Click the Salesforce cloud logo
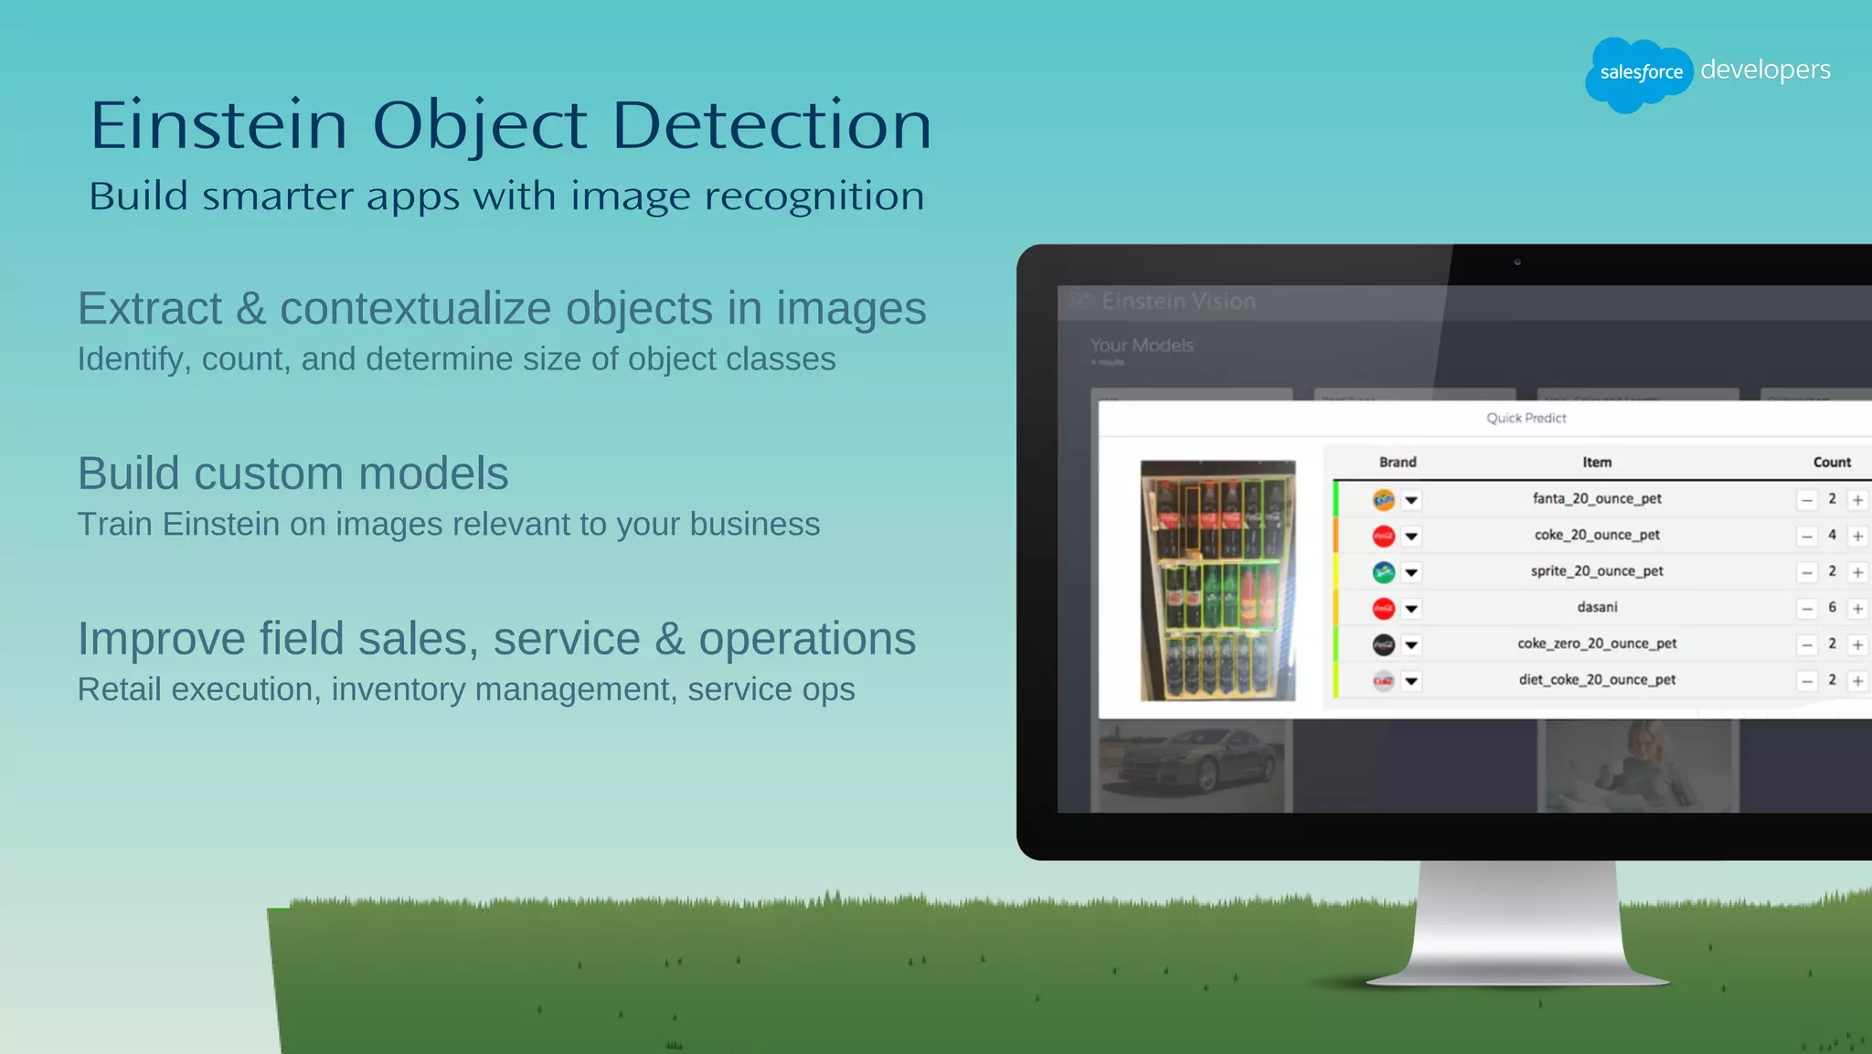pos(1639,73)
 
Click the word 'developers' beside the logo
pos(1765,70)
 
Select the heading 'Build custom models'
pos(292,474)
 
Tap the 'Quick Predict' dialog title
pos(1526,418)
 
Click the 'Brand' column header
pos(1398,463)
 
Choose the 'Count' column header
pos(1832,463)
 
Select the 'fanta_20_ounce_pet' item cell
pos(1597,499)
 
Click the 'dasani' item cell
pos(1597,608)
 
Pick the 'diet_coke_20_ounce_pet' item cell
pos(1597,680)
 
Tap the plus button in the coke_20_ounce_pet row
pos(1857,537)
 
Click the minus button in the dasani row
pos(1807,609)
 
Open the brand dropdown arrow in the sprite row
pos(1411,573)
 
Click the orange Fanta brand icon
pos(1384,500)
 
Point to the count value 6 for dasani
pos(1832,608)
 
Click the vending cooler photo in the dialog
pos(1218,580)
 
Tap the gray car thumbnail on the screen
pos(1191,763)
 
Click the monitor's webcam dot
pos(1517,262)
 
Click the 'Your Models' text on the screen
pos(1142,346)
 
